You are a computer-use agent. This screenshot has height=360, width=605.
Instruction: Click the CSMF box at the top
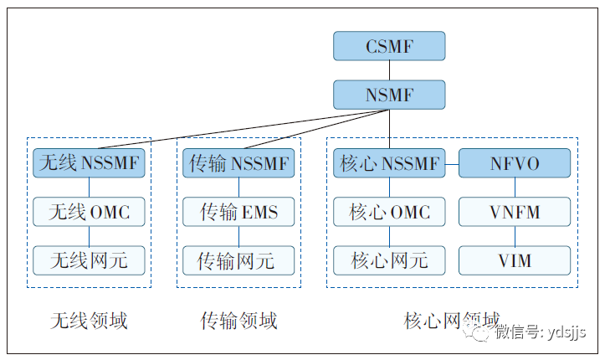click(389, 46)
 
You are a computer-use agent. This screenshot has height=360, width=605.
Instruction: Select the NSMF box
click(389, 95)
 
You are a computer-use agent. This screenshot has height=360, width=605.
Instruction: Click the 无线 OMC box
click(89, 212)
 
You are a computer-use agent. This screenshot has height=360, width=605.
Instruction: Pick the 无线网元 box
click(89, 260)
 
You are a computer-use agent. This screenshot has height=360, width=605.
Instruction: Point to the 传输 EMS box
click(238, 212)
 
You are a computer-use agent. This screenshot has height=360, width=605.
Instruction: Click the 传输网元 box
click(238, 260)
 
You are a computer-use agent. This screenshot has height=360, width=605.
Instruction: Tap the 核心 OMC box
click(389, 212)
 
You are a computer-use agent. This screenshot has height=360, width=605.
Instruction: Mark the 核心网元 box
click(389, 260)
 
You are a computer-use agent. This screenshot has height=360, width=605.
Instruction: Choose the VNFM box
click(515, 212)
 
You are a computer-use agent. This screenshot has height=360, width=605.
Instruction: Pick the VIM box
click(515, 260)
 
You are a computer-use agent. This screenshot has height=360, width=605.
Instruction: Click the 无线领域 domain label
click(89, 321)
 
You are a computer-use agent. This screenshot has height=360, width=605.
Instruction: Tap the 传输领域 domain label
click(238, 321)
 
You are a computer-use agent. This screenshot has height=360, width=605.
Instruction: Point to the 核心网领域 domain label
click(452, 321)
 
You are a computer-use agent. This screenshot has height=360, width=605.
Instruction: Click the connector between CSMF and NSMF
click(389, 70)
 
